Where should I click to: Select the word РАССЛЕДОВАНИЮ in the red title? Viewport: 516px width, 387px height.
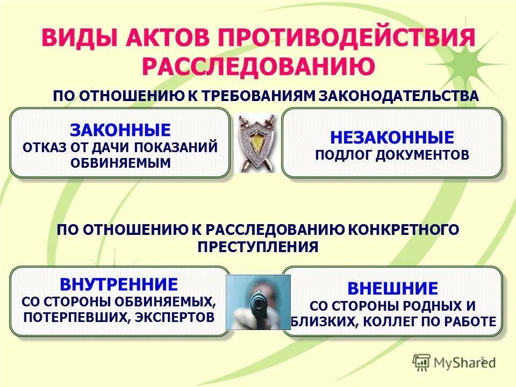[258, 67]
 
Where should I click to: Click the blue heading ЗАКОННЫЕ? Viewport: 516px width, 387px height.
[120, 130]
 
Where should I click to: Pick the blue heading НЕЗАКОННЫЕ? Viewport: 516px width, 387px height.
[392, 137]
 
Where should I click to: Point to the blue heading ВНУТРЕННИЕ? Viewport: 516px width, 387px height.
[119, 284]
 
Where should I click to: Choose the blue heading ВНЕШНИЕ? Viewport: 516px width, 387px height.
[392, 289]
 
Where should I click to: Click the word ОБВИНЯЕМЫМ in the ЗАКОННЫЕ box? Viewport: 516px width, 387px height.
[120, 163]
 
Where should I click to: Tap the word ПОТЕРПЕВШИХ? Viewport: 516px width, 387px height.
[74, 317]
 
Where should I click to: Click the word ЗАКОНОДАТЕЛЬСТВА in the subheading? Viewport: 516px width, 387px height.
[399, 96]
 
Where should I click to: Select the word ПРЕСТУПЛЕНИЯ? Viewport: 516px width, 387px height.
[258, 247]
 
